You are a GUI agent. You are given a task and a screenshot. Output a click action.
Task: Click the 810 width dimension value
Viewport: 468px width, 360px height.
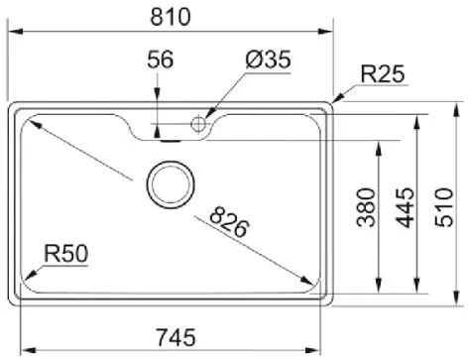pos(171,17)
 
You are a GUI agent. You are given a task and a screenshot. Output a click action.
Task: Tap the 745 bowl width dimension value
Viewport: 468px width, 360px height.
pos(175,337)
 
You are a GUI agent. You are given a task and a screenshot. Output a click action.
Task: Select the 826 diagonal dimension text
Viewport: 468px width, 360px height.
pos(229,222)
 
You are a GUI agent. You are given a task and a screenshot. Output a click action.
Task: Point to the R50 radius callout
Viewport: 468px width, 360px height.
pos(66,254)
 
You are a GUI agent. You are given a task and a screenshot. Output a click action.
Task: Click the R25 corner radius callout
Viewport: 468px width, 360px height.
pos(383,73)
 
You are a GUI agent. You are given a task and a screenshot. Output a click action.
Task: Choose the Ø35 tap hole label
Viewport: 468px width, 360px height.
pos(269,60)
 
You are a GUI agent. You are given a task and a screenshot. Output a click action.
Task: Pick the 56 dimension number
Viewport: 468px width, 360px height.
pos(160,60)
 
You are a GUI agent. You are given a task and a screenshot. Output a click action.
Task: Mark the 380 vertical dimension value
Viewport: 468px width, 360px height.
pos(367,207)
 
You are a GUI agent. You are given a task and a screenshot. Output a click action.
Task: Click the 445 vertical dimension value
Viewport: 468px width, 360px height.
pos(406,207)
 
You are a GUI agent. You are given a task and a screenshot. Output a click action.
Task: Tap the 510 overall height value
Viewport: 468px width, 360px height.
pos(444,207)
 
